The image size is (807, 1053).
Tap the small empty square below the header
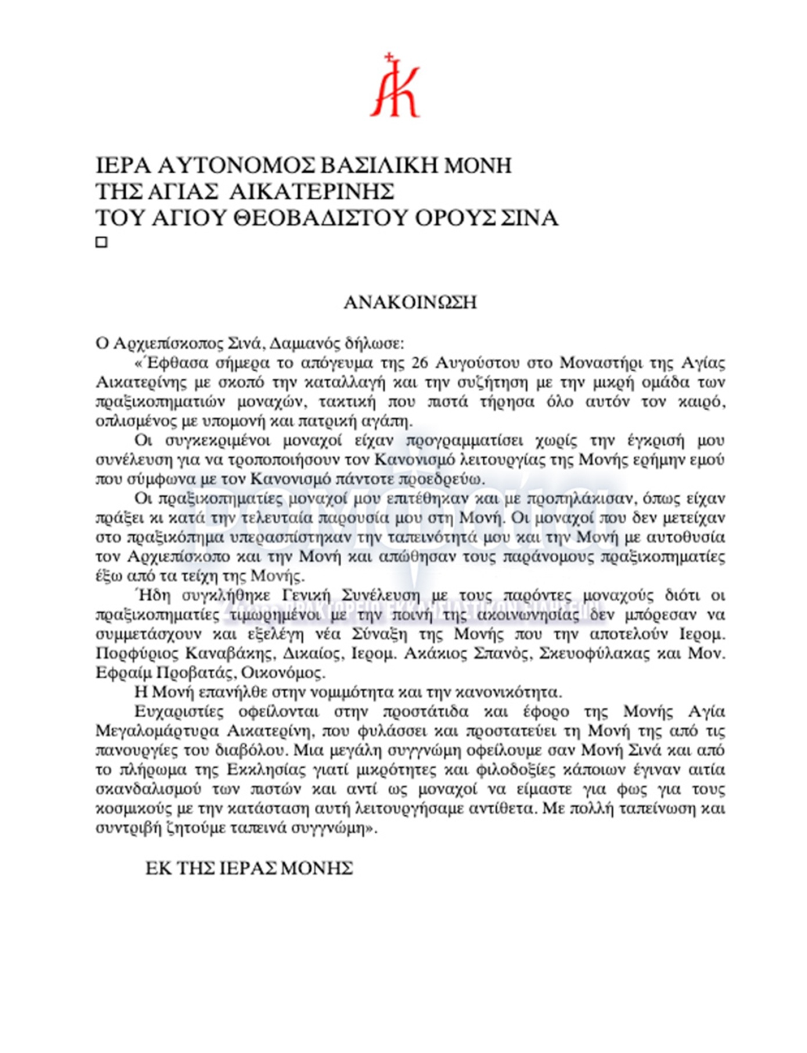click(102, 242)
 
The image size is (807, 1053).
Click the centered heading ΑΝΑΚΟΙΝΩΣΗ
click(410, 302)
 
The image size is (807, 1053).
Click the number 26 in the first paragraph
click(420, 363)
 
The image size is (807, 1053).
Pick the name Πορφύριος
click(137, 654)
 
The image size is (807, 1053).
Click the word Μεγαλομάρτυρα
click(157, 731)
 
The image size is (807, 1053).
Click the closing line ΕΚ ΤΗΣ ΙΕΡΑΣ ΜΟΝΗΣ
click(249, 869)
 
